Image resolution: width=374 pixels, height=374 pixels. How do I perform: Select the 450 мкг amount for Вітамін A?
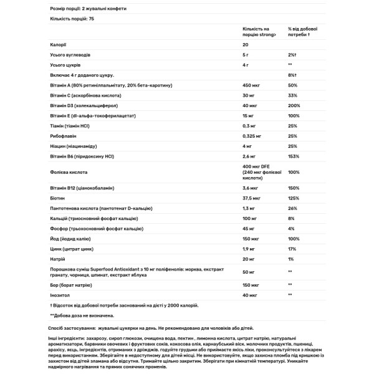click(251, 85)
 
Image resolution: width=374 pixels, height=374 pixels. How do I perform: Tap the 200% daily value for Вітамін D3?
click(295, 105)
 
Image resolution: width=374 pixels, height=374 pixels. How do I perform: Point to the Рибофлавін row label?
click(65, 135)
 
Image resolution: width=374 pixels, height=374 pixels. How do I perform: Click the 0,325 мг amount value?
click(253, 135)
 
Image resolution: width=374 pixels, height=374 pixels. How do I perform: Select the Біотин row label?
click(58, 197)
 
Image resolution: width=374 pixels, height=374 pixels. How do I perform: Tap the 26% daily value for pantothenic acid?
click(293, 208)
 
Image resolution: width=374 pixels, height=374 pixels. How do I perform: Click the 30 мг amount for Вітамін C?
click(249, 95)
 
